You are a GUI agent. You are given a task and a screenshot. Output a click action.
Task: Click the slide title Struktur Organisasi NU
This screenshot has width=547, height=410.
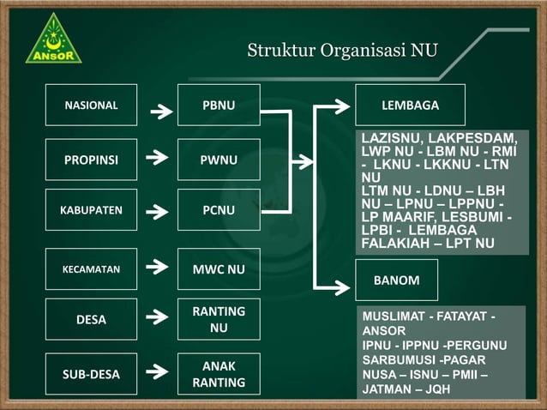[341, 50]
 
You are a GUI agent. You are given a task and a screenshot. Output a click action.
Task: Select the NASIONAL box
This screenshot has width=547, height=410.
[91, 106]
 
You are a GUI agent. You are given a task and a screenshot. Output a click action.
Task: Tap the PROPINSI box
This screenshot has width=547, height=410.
[91, 160]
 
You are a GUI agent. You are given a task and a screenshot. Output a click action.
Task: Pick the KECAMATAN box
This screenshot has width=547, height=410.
[91, 269]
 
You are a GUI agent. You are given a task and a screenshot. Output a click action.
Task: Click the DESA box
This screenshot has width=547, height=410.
[91, 320]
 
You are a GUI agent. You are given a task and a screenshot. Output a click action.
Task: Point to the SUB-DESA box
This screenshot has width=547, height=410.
[91, 374]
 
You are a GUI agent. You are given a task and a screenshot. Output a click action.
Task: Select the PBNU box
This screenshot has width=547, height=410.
[219, 106]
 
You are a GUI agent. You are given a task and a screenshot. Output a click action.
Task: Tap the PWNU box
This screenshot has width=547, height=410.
[219, 160]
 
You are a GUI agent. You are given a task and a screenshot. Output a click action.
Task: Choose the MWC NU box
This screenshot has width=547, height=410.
[219, 269]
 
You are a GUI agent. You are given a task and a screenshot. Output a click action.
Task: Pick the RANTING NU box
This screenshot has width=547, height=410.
[219, 320]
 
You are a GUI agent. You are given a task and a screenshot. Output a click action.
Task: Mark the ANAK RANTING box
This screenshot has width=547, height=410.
[219, 374]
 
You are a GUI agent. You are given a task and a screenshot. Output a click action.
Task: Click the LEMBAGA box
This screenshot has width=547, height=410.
[410, 106]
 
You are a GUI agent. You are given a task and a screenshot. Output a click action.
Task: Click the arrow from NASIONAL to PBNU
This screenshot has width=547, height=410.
[159, 110]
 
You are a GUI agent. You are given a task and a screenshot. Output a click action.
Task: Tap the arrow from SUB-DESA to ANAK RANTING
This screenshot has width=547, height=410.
[159, 373]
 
